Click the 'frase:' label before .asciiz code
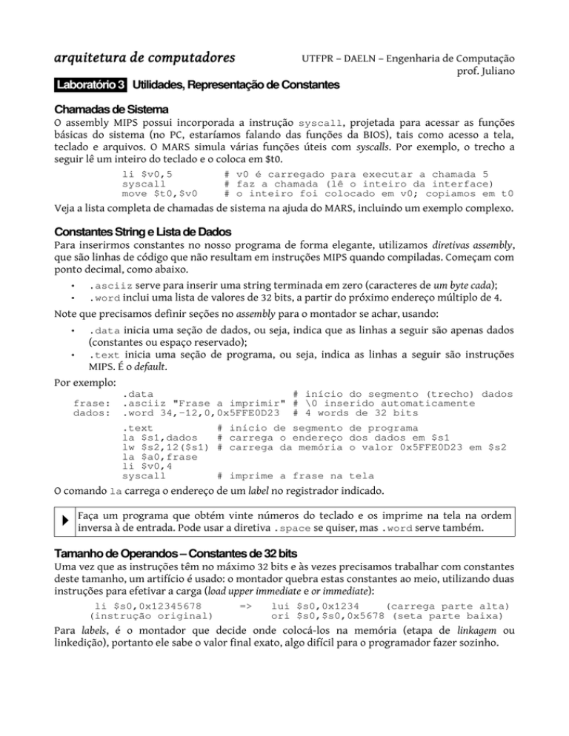click(93, 403)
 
